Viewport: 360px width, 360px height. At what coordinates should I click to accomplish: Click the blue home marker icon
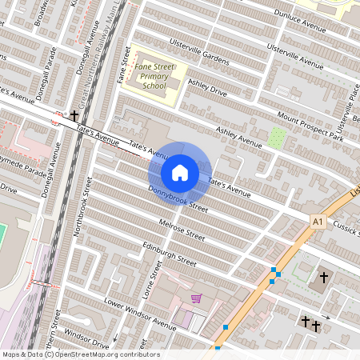pos(180,172)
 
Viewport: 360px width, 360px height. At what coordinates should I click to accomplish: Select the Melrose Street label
pos(182,229)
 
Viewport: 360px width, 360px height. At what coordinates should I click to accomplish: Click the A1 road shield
pos(319,220)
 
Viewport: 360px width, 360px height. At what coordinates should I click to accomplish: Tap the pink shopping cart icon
pos(196,299)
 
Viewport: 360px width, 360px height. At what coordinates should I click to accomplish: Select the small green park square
pos(277,137)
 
